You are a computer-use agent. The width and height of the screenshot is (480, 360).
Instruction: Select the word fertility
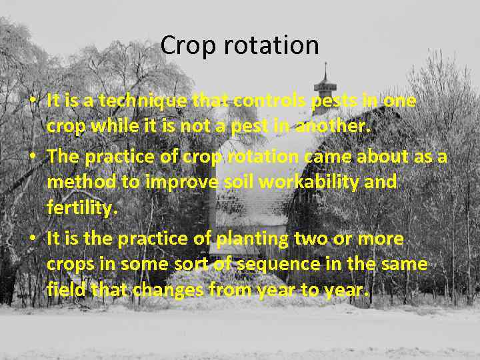coord(82,208)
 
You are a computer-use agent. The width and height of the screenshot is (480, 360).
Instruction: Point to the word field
coord(64,289)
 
